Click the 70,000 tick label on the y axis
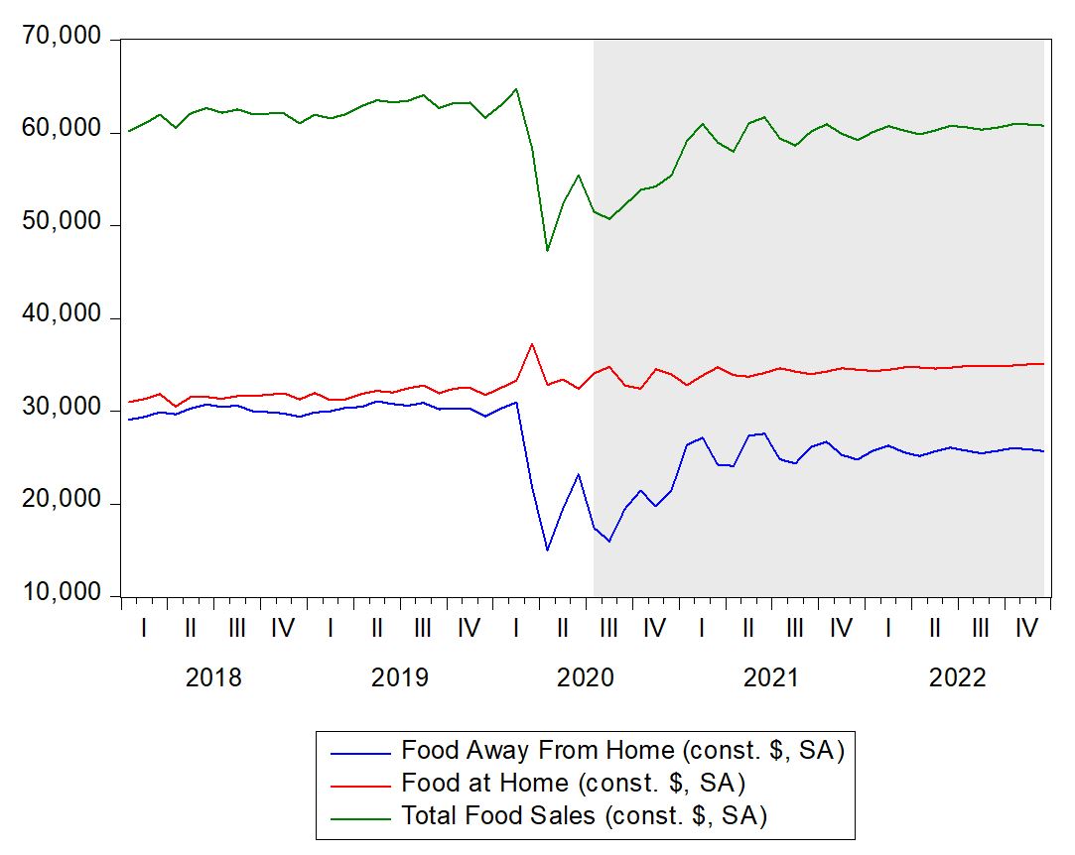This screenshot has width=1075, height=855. pos(61,39)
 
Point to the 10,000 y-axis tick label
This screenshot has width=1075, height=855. pos(61,593)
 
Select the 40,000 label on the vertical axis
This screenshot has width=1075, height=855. pos(61,315)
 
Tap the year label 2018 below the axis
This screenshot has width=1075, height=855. pos(213,678)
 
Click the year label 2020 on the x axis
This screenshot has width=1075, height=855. pos(586,678)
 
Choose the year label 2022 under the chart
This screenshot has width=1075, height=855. pos(957,678)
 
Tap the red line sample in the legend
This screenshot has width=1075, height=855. pos(357,784)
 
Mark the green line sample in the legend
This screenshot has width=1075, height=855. pos(357,816)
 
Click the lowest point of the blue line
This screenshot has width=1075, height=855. pos(547,550)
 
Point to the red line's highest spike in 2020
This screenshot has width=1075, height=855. pos(532,344)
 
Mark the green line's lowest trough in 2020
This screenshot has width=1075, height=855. pos(547,250)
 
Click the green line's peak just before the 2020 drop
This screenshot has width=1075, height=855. pos(516,89)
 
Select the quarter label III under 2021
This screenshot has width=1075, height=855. pos(794,628)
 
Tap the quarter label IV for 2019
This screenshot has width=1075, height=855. pos(469,628)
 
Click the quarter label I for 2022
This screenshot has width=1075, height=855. pos(887,628)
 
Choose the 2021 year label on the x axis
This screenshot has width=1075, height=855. pos(771,678)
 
